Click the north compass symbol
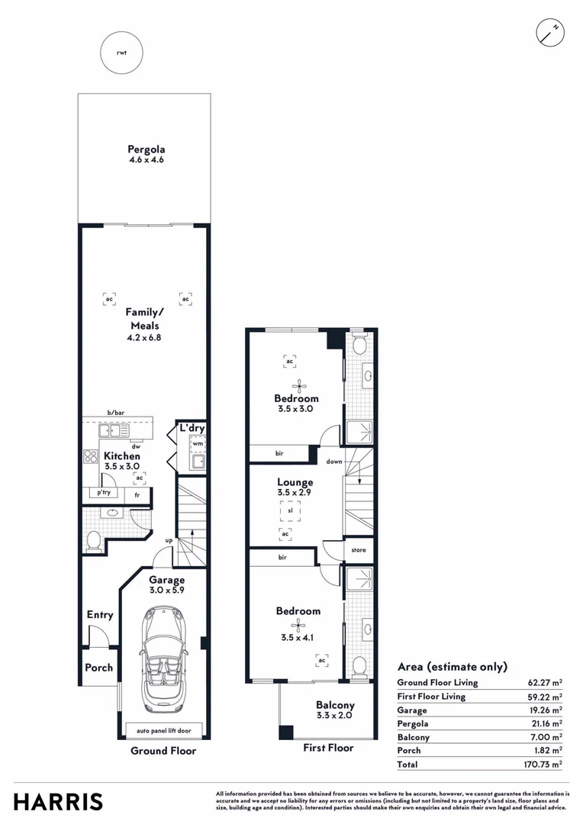(x=549, y=33)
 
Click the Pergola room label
(x=147, y=150)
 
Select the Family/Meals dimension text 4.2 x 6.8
(x=143, y=337)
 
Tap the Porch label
(x=98, y=668)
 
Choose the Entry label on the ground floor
(x=100, y=615)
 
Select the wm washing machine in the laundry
(x=197, y=443)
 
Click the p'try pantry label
(x=104, y=493)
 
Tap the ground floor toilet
(x=92, y=540)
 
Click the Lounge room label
(x=295, y=482)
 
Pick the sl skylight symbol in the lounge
(x=290, y=510)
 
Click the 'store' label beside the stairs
(x=358, y=549)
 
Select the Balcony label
(x=335, y=705)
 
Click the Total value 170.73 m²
(x=546, y=763)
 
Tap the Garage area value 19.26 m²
(x=547, y=710)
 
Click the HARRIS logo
(x=58, y=802)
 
